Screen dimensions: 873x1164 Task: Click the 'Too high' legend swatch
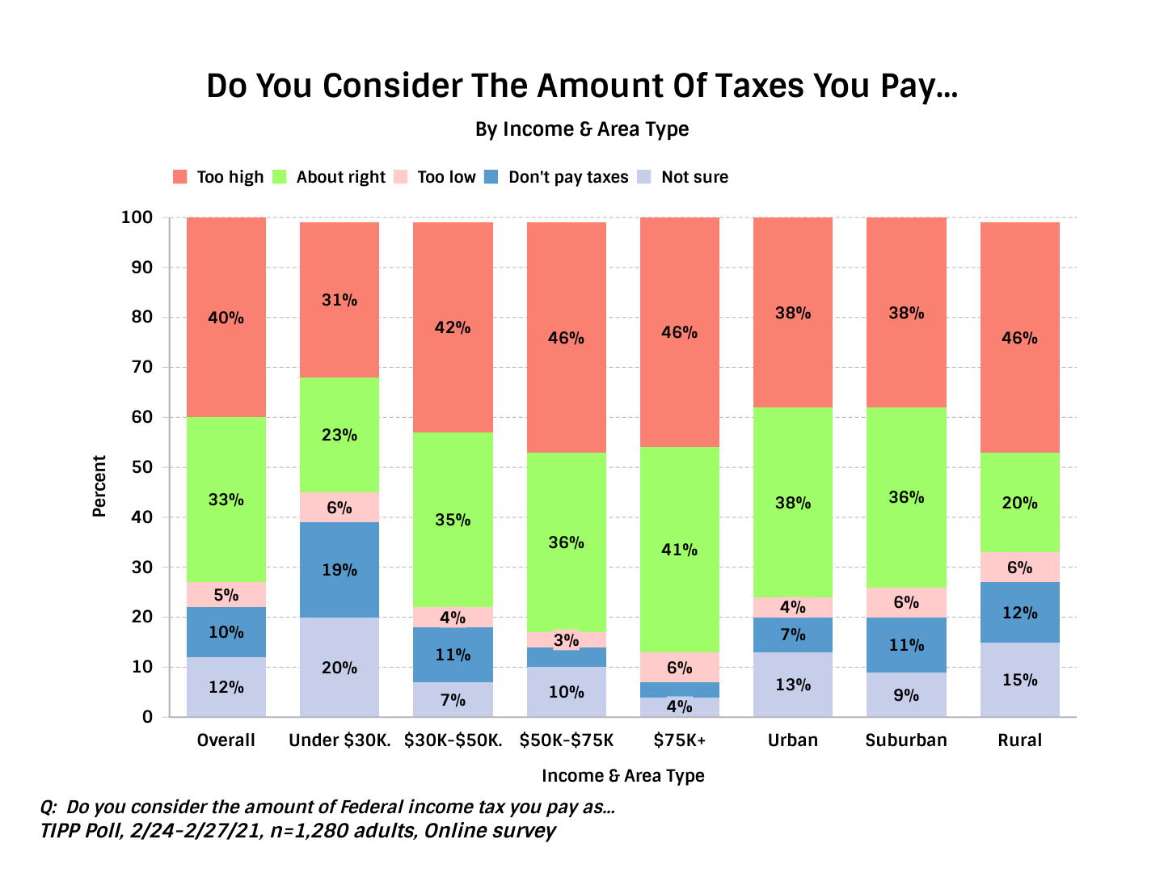point(180,177)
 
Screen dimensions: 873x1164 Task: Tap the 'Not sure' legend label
point(694,177)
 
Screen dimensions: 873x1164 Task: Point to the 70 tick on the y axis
point(141,367)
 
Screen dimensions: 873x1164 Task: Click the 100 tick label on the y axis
point(137,217)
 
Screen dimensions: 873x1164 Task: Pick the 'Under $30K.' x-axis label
point(339,740)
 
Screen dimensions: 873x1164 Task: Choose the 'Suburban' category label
point(906,740)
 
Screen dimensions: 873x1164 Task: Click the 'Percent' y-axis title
point(99,486)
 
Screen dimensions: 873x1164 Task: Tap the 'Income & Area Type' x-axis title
point(622,776)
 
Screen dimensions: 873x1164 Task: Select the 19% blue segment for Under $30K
point(339,570)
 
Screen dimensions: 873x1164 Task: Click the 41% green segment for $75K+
point(680,550)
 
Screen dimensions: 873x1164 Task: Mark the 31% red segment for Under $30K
point(339,300)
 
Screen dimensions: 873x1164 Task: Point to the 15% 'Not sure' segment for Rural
point(1020,680)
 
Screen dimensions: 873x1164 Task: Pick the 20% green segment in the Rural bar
point(1020,503)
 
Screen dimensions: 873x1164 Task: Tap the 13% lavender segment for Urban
point(793,685)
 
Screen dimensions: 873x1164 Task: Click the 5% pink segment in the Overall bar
point(226,595)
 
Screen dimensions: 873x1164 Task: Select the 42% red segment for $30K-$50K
point(453,327)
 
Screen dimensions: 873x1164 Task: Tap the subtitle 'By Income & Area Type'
point(582,129)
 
